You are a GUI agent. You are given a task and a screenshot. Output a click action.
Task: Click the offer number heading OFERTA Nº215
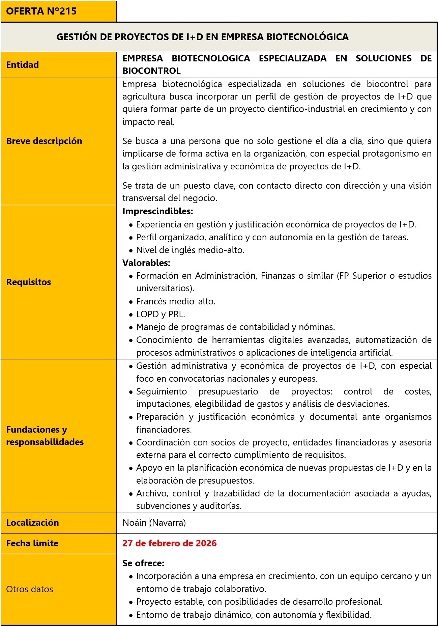pos(41,11)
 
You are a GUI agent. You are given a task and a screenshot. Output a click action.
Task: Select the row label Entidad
pos(23,64)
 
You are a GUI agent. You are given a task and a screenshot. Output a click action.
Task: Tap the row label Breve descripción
pos(44,141)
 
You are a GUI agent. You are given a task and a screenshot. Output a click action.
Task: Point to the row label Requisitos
pos(29,282)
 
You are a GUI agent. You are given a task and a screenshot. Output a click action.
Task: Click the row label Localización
pos(32,522)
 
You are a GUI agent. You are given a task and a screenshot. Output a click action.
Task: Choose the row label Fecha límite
pos(32,543)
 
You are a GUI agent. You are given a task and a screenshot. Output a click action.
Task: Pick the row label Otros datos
pos(30,589)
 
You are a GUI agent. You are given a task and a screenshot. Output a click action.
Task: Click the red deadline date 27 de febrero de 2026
pos(169,543)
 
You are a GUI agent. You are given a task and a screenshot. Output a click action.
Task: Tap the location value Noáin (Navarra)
pos(154,522)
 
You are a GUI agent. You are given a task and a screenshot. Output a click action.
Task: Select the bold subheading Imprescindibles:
pos(157,211)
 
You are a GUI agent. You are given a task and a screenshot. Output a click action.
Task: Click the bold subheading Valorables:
pos(146,263)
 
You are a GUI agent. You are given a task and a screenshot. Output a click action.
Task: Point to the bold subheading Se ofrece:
pos(143,563)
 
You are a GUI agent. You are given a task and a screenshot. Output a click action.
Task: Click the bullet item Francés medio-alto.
pos(176,301)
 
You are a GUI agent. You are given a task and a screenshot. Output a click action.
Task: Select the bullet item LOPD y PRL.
pos(160,314)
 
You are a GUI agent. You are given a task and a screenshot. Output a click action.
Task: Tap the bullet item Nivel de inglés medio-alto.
pos(190,250)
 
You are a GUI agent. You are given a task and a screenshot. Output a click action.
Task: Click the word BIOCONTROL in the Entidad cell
pos(151,71)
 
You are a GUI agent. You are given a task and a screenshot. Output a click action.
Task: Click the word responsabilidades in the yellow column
pos(45,442)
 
